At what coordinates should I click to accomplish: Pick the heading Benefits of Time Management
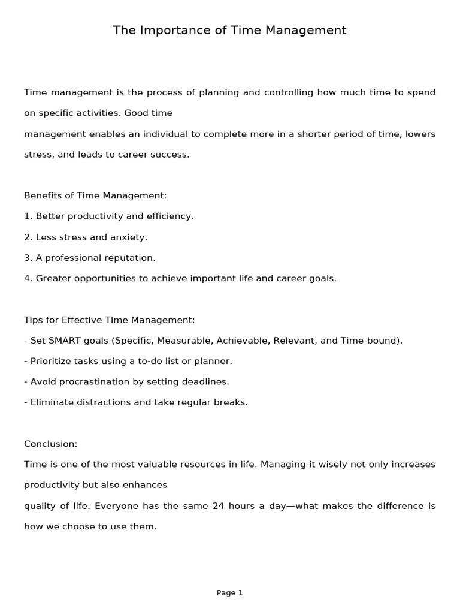tap(95, 195)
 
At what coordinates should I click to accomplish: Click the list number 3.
tap(27, 258)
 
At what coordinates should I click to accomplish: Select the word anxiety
tap(128, 237)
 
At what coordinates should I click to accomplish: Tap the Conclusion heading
tap(50, 444)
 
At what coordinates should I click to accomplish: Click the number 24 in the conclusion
tap(218, 506)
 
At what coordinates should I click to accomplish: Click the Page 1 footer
tap(229, 593)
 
